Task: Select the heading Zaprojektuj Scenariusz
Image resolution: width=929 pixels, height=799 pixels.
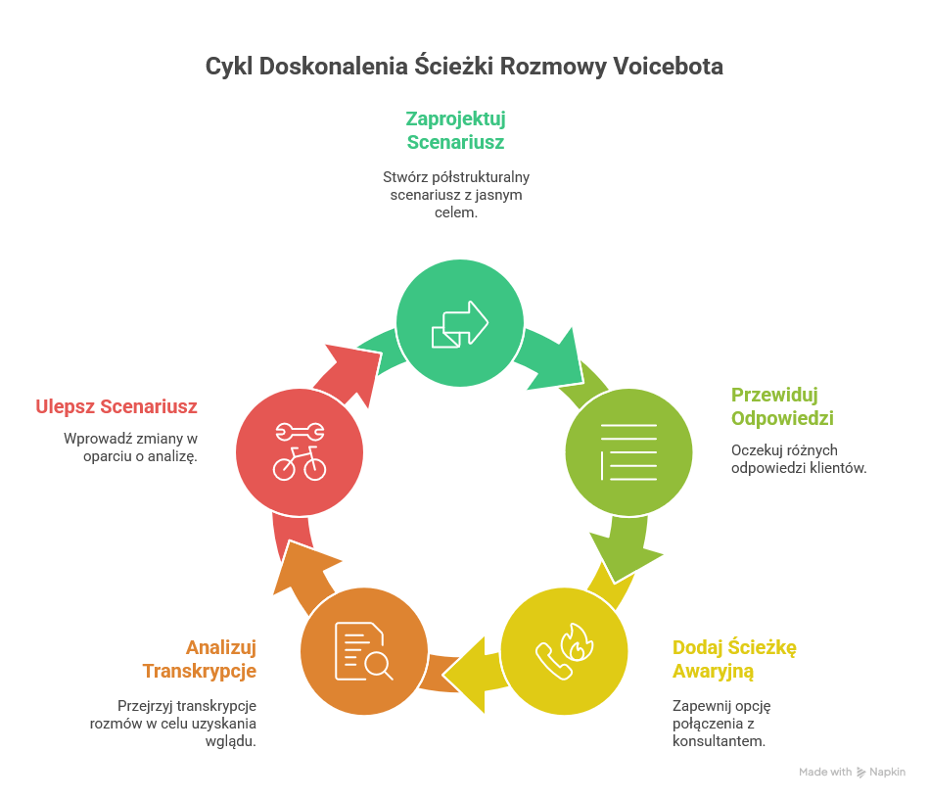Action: coord(455,130)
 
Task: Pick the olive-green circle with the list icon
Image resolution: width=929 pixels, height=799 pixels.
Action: coord(628,452)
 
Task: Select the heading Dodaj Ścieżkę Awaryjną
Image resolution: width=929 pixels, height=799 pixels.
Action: coord(734,659)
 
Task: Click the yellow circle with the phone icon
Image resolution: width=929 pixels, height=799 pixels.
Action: coord(564,650)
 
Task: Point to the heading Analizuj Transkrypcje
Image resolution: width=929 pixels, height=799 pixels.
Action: coord(200,659)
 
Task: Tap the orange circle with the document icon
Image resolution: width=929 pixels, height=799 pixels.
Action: coord(364,650)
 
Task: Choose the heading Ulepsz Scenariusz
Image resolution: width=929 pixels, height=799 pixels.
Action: coord(116,406)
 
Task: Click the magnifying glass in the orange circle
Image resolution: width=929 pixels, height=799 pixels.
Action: coord(378,666)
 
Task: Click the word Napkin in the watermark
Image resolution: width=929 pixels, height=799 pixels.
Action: coord(889,772)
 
